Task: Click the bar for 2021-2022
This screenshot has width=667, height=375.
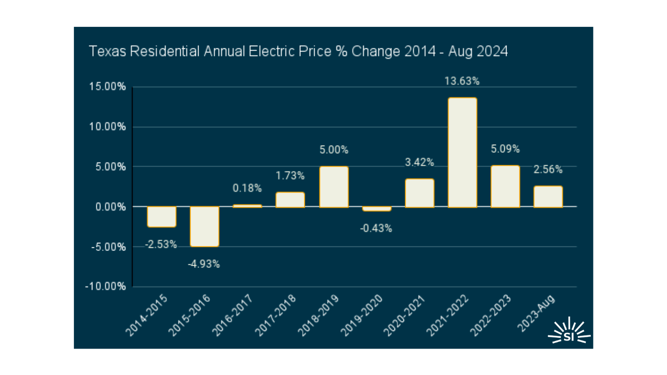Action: click(x=462, y=152)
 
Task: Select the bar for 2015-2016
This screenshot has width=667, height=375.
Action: click(x=204, y=226)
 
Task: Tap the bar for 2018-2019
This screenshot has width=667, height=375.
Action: click(x=333, y=187)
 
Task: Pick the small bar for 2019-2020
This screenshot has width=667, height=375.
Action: click(x=377, y=209)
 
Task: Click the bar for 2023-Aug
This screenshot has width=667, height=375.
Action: click(x=548, y=197)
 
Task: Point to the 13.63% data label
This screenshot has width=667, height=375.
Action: click(x=462, y=81)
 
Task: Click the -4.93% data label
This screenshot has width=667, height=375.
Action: click(x=204, y=264)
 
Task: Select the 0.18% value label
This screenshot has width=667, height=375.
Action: click(x=247, y=188)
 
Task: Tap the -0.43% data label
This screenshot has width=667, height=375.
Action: click(x=376, y=228)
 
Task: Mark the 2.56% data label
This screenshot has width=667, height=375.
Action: click(x=548, y=169)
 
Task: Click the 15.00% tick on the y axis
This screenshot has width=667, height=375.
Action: click(x=108, y=87)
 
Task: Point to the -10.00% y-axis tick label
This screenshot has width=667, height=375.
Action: click(x=106, y=287)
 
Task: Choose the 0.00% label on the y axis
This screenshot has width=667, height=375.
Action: click(x=110, y=207)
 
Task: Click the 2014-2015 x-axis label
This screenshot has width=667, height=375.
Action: click(x=147, y=315)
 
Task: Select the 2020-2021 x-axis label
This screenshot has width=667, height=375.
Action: click(x=404, y=315)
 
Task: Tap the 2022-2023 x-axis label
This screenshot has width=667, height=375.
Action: click(x=490, y=315)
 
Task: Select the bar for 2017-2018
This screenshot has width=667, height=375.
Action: click(x=290, y=200)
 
